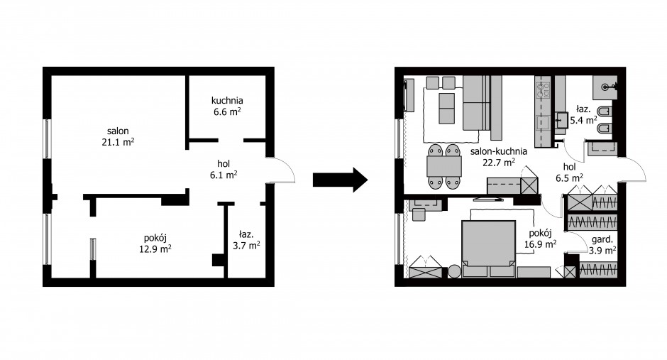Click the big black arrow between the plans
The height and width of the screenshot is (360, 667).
(340, 180)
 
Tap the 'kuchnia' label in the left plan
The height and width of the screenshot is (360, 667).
(227, 100)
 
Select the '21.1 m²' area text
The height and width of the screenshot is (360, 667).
(118, 142)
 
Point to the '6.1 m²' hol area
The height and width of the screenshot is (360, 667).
(224, 175)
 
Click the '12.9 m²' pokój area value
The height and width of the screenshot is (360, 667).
(155, 249)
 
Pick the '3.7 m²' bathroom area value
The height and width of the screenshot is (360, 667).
(246, 245)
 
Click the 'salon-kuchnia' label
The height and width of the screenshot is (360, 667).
(499, 151)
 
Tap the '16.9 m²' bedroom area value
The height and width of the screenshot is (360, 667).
(540, 244)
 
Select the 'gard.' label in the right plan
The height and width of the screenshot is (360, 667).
(602, 239)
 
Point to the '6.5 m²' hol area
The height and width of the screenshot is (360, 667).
(569, 177)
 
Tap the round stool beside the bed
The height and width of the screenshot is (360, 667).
(454, 271)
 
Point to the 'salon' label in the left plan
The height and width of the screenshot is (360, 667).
(118, 131)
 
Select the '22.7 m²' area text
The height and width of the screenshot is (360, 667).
(499, 162)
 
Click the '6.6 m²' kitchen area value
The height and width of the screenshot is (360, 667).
(227, 111)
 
